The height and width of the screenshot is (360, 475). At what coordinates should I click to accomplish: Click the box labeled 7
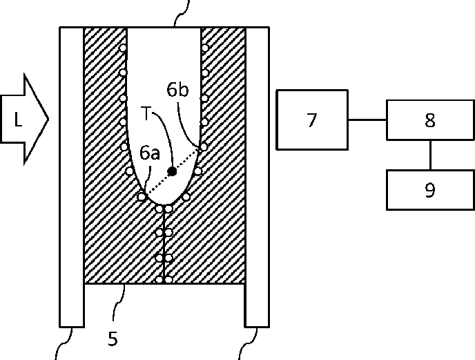311,120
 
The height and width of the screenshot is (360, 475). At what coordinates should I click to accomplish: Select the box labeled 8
429,120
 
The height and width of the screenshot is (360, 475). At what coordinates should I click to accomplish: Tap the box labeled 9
429,189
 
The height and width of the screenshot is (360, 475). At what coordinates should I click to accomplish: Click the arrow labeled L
23,120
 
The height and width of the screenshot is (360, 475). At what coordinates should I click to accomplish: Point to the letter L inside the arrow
18,120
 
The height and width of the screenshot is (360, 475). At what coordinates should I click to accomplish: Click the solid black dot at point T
172,171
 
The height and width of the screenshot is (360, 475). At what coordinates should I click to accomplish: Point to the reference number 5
113,339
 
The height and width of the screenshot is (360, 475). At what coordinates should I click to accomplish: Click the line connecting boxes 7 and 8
367,120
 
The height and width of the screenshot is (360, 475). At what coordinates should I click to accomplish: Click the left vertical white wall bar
72,176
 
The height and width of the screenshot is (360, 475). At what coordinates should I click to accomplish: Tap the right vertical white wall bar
257,176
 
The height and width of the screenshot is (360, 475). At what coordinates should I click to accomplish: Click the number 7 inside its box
311,120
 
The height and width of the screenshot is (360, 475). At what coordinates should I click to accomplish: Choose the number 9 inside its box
429,190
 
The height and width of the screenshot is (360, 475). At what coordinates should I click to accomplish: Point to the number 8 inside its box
429,121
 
